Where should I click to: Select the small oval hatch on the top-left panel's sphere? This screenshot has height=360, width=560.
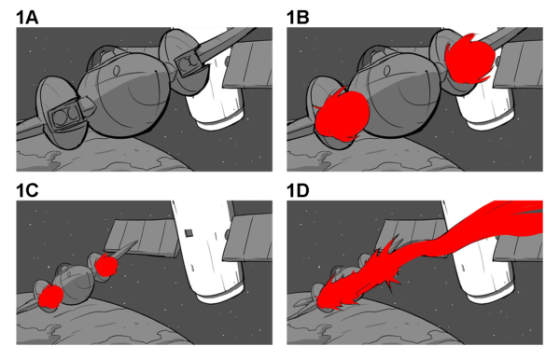pyautogui.click(x=118, y=69)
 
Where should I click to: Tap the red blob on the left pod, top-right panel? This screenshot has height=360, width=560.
pyautogui.click(x=341, y=115)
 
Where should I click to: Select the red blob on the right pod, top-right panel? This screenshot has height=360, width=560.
pyautogui.click(x=469, y=58)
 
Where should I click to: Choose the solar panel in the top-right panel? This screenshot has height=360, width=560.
pyautogui.click(x=519, y=63)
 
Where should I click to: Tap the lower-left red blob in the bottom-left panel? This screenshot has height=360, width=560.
pyautogui.click(x=50, y=298)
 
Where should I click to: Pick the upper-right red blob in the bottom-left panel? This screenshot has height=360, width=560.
pyautogui.click(x=106, y=266)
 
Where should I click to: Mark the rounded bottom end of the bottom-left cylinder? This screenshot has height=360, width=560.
pyautogui.click(x=217, y=291)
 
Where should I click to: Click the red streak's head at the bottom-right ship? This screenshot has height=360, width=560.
pyautogui.click(x=329, y=299)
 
